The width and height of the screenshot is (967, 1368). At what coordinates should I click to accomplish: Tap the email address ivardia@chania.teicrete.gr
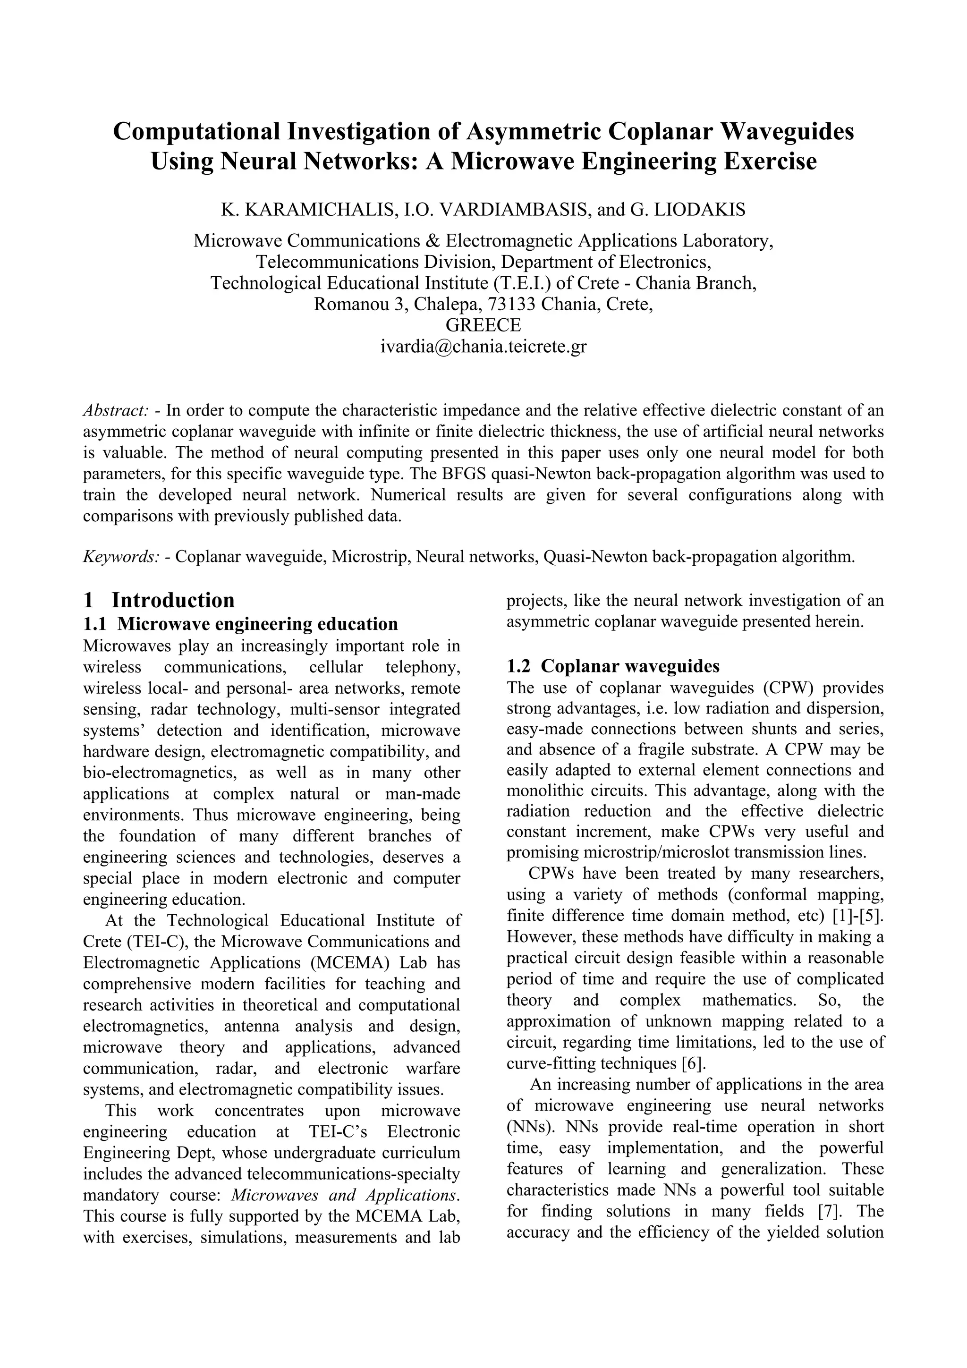point(483,346)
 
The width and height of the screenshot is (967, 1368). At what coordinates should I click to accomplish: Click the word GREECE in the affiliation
point(483,325)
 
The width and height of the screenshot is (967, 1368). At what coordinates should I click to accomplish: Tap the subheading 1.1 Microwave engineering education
point(241,624)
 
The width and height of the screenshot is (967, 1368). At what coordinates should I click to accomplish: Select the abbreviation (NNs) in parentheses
point(527,1127)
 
